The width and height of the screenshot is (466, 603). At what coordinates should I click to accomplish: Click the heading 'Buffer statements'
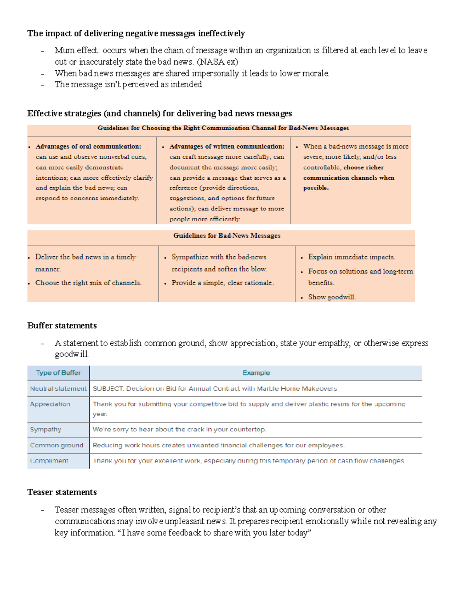coord(62,325)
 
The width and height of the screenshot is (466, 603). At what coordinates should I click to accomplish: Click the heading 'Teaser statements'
coord(62,492)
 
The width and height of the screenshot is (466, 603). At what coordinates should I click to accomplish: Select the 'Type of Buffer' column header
coord(58,373)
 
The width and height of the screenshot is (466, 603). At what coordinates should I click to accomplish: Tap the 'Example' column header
coord(256,373)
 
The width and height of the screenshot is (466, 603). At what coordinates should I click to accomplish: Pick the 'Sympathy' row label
coord(46,429)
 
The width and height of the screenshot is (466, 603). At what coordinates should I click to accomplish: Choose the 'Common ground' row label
coord(57,445)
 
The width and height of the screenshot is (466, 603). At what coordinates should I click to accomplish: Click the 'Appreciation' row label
coord(50,404)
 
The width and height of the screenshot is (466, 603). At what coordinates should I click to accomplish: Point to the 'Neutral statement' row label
coord(58,389)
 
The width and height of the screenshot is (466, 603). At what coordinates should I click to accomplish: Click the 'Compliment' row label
coord(49,461)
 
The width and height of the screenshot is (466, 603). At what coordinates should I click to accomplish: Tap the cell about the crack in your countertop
coord(179,429)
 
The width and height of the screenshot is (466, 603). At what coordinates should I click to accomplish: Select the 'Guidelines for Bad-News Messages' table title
coord(227,236)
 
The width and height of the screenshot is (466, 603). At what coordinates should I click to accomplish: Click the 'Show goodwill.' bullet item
coord(332,297)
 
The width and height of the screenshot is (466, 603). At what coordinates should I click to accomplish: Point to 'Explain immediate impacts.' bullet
coord(351,257)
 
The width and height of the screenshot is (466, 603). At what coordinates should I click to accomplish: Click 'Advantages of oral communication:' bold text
coord(88,146)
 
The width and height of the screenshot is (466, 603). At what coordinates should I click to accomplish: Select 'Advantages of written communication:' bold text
coord(227,146)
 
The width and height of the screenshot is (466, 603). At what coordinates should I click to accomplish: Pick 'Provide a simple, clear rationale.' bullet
coord(223,283)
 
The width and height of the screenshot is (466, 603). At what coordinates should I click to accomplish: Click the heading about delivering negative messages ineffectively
coord(136,33)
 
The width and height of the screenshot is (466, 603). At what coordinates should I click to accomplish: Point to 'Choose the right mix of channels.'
coord(88,283)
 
